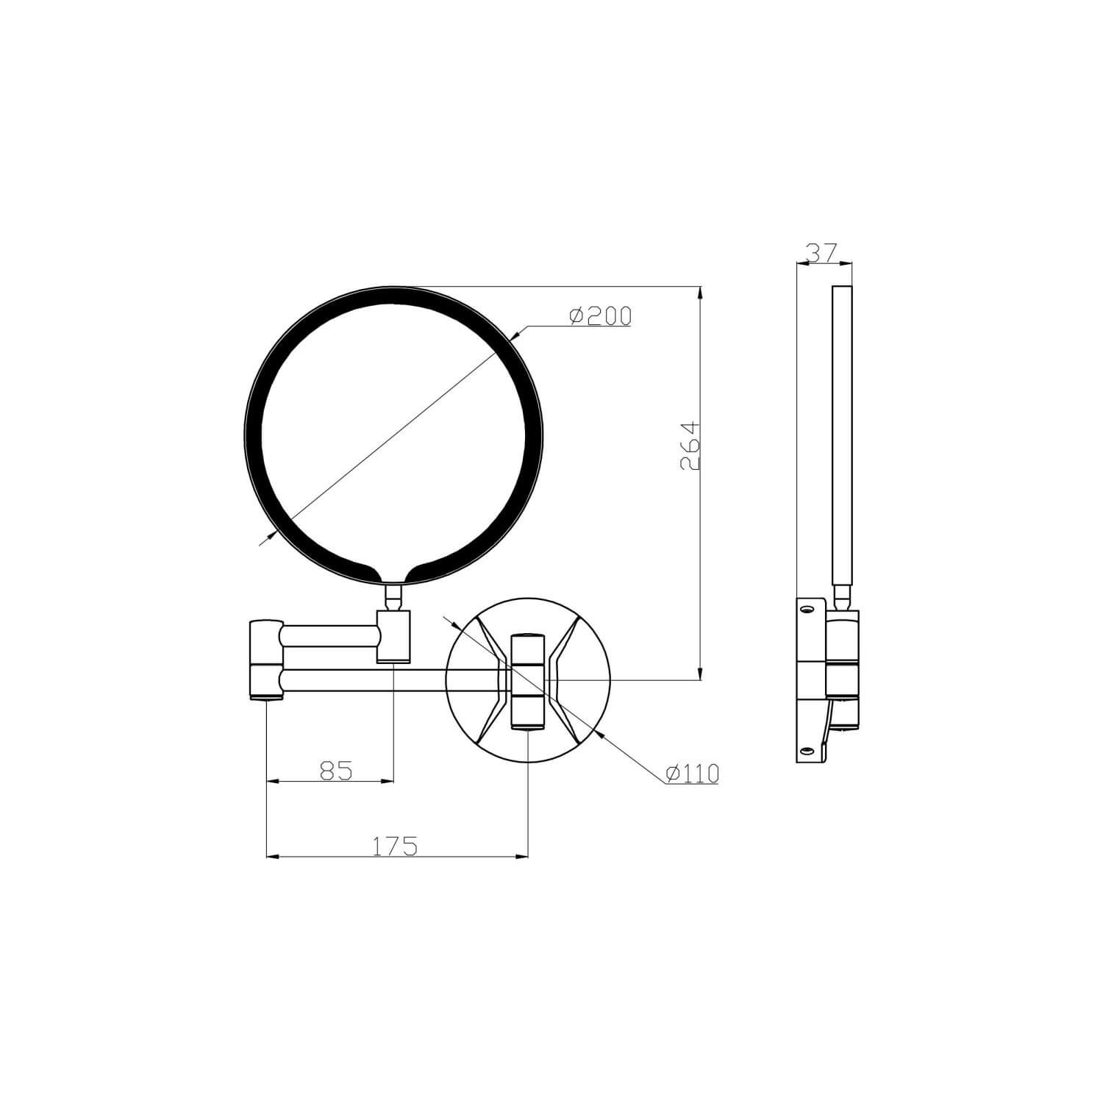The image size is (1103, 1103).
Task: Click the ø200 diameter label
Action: coord(600,315)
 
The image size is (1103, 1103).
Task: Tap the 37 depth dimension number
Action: coord(822,253)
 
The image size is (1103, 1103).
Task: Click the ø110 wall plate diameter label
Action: coord(691,773)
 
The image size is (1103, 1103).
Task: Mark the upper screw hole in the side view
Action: coord(807,610)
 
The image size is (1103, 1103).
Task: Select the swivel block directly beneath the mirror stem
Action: coord(393,636)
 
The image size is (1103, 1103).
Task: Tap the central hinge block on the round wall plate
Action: coord(529,680)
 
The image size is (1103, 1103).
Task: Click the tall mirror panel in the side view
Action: coord(842,434)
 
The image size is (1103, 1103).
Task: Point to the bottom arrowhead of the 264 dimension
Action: coord(699,674)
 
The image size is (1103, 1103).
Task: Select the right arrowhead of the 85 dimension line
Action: coord(388,782)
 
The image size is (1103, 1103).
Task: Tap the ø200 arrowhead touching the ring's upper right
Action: coord(516,336)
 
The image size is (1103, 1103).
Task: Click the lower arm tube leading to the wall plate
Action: coord(368,680)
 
